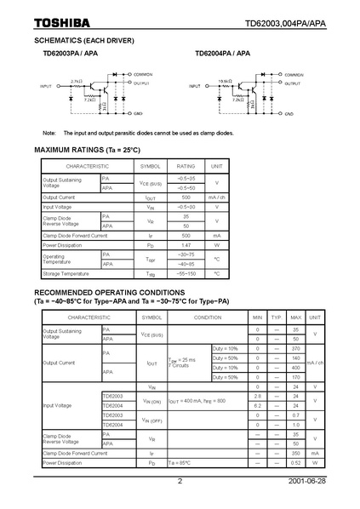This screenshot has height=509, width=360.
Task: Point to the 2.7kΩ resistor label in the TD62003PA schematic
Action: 76,81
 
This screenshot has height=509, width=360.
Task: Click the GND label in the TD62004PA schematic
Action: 289,113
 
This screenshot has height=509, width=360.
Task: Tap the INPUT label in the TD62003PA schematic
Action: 47,87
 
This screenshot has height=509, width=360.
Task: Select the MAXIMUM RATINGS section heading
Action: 88,150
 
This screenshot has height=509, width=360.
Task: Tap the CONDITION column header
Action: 207,316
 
